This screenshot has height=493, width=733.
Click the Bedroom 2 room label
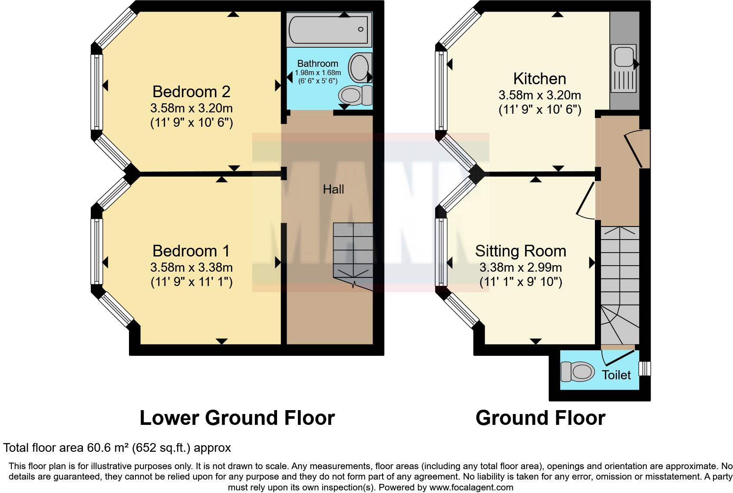point(192,92)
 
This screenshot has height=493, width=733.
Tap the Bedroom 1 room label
point(191,251)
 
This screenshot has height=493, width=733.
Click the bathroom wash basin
point(360,68)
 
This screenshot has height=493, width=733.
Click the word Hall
point(333,189)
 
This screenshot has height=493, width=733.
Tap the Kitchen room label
point(539,79)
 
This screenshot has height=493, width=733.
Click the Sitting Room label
point(520,251)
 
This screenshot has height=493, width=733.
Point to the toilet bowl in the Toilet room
point(578,372)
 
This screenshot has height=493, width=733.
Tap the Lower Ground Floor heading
point(237,418)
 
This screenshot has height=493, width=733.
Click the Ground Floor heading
point(540,418)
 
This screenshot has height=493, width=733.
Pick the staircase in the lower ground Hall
point(353,250)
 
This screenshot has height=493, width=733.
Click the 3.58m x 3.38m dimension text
point(192,267)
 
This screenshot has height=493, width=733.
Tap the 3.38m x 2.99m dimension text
point(520,267)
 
